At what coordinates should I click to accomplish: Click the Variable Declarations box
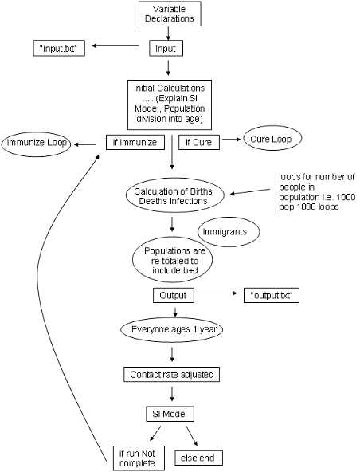(170, 14)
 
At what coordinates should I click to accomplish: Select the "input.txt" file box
(59, 49)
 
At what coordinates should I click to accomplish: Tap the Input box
(166, 49)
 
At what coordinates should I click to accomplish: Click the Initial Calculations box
(170, 104)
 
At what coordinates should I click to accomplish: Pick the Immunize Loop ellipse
(36, 143)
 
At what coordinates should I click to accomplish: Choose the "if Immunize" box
(135, 142)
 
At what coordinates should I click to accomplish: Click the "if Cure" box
(199, 142)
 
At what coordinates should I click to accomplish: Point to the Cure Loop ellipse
(272, 138)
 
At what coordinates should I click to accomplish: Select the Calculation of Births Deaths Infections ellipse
(174, 195)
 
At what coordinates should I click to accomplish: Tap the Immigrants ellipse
(229, 232)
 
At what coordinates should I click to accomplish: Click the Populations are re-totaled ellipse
(173, 259)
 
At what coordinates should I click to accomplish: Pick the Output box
(174, 295)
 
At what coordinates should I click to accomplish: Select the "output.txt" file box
(272, 295)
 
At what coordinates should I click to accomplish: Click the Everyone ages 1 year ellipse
(172, 329)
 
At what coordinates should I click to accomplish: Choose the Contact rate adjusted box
(172, 374)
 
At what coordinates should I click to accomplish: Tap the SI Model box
(170, 414)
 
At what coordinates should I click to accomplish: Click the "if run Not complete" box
(139, 458)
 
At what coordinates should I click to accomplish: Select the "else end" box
(199, 458)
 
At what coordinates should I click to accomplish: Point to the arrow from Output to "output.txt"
(217, 293)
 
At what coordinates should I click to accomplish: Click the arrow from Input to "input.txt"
(115, 45)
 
